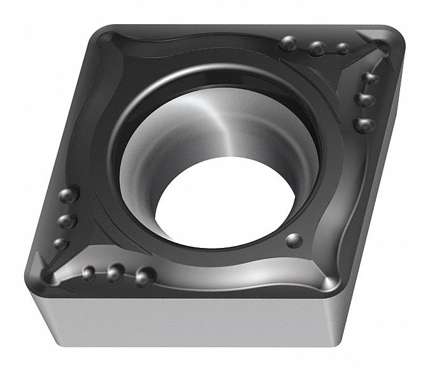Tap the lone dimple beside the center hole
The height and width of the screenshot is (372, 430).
point(294,240)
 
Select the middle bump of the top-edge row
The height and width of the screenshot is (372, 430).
point(316,46)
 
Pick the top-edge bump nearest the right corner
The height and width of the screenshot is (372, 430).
point(342,48)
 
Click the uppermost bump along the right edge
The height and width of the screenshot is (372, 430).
point(369,78)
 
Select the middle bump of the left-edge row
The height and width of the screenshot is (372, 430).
point(64,221)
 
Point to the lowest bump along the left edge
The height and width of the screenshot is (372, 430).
point(60,244)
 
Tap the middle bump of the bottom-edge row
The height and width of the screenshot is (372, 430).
point(115,274)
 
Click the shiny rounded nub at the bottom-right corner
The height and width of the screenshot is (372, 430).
point(331,282)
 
